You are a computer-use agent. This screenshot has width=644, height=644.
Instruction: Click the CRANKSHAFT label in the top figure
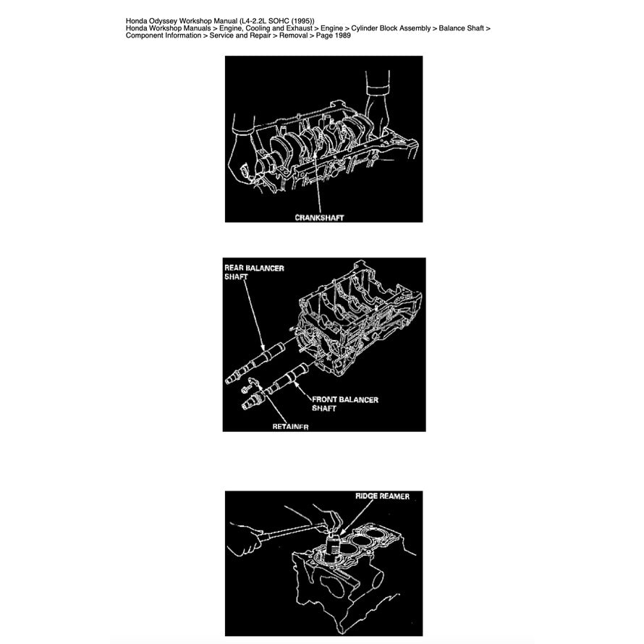(x=319, y=217)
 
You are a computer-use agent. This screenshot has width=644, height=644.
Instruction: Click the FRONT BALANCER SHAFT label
(x=345, y=404)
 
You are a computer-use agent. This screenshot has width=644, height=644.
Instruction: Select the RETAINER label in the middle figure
(x=290, y=427)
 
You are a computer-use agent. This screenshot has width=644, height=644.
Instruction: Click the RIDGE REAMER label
(x=382, y=496)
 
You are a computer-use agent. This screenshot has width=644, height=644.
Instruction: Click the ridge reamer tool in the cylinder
(x=334, y=543)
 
